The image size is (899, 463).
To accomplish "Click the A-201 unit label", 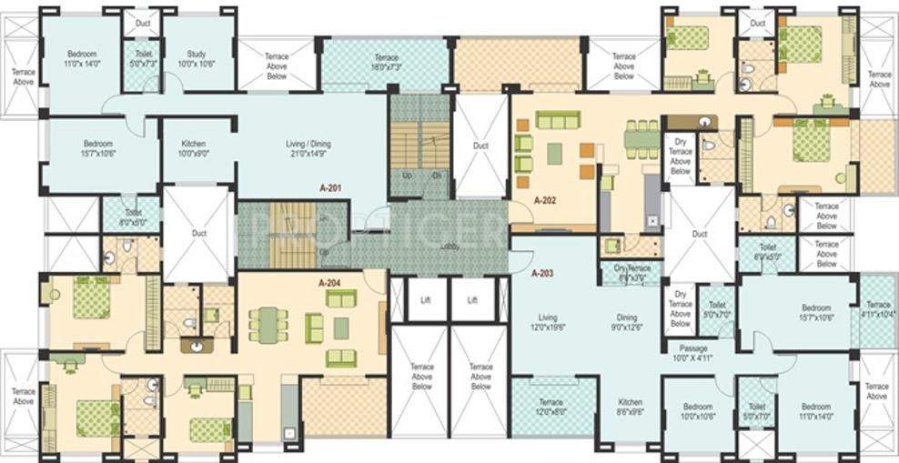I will tap(329, 188).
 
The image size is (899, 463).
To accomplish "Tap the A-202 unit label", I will tap(544, 199).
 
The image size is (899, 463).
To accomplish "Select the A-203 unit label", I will tap(544, 272).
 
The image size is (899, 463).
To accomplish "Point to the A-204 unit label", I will tap(329, 283).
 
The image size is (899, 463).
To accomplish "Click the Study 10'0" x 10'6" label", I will tap(194, 60).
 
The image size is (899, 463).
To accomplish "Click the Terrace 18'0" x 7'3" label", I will tap(386, 62).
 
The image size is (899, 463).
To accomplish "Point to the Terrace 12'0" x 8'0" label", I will tap(551, 407).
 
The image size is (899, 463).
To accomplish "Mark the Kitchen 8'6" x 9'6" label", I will tap(631, 407).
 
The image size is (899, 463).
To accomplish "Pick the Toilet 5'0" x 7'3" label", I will tap(142, 60).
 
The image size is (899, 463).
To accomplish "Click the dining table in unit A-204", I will tap(268, 325).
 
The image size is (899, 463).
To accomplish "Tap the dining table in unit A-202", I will tap(642, 138).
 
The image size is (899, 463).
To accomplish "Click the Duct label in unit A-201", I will tap(198, 233).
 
